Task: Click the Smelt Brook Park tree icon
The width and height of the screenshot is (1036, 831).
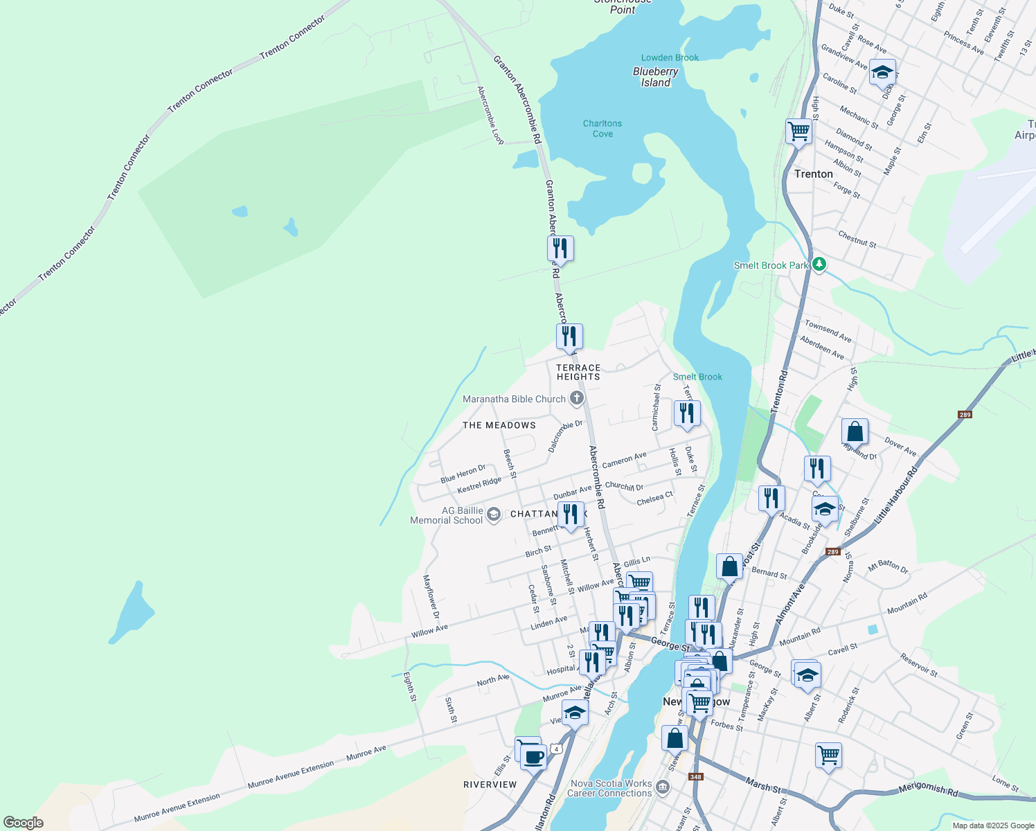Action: pyautogui.click(x=819, y=265)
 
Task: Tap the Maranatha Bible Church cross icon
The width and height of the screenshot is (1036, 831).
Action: pyautogui.click(x=576, y=398)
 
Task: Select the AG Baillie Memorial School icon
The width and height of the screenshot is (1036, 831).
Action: pyautogui.click(x=493, y=515)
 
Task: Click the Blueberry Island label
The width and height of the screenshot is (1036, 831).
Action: pyautogui.click(x=655, y=77)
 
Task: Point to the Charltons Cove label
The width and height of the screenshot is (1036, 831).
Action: pyautogui.click(x=602, y=128)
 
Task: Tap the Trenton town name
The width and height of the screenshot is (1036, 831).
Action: pyautogui.click(x=814, y=174)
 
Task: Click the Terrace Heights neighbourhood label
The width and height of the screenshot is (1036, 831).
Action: pyautogui.click(x=578, y=373)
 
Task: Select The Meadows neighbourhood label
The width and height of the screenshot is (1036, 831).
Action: pyautogui.click(x=499, y=425)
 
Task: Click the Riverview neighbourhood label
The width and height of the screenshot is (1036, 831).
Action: pyautogui.click(x=490, y=785)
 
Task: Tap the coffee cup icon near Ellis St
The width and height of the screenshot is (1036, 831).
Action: pyautogui.click(x=533, y=756)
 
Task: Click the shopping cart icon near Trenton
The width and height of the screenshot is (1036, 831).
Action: pyautogui.click(x=798, y=131)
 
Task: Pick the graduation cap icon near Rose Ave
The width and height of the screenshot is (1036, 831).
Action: pyautogui.click(x=882, y=72)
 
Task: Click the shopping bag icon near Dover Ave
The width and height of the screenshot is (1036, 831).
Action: pyautogui.click(x=855, y=431)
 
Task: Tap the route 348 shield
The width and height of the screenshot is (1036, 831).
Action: pyautogui.click(x=696, y=777)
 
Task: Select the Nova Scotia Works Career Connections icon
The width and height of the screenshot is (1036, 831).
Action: pyautogui.click(x=663, y=787)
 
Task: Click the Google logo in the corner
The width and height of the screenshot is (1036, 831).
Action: pyautogui.click(x=23, y=823)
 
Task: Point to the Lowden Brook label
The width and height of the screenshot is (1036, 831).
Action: pyautogui.click(x=670, y=57)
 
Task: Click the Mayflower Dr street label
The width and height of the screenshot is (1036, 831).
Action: pyautogui.click(x=431, y=597)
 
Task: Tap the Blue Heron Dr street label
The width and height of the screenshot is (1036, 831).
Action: pyautogui.click(x=463, y=474)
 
